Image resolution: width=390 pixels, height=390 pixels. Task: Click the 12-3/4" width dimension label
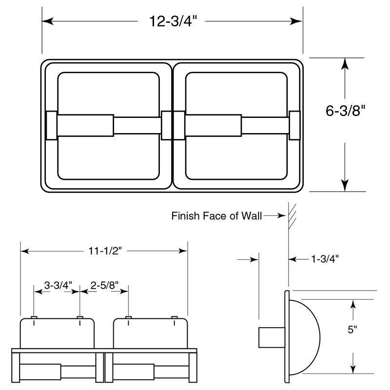tap(173, 22)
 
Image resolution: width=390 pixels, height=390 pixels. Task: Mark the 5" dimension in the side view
tap(352, 330)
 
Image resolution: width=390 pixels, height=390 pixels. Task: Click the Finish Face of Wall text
tap(216, 215)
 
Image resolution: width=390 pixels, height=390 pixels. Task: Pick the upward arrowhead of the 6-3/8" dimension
tap(345, 64)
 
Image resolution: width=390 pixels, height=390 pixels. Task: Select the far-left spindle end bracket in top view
tap(51, 125)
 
